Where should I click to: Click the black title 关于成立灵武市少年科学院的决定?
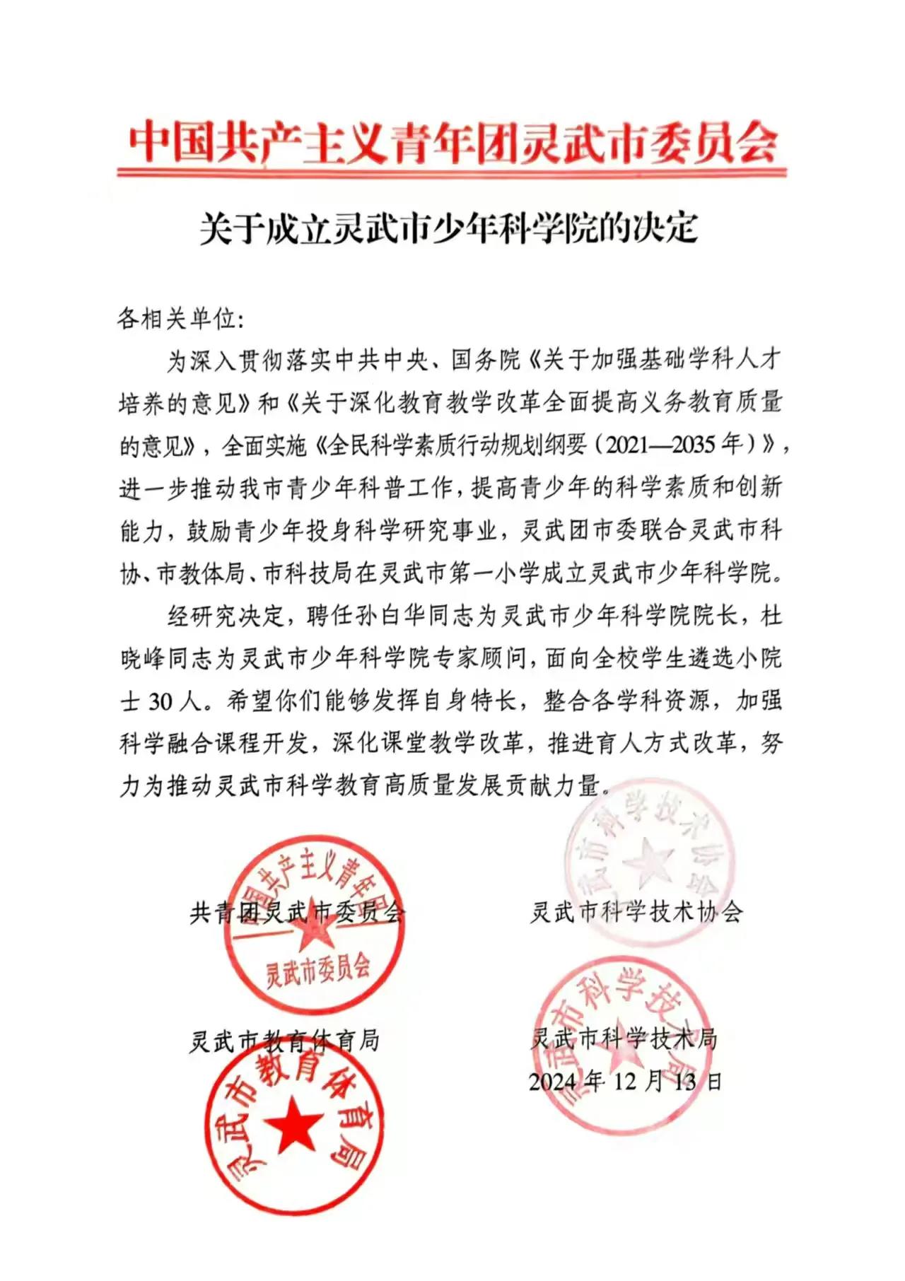(448, 228)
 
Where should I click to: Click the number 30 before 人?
(161, 701)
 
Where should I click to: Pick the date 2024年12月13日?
(625, 1081)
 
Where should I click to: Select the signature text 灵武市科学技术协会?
(636, 912)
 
